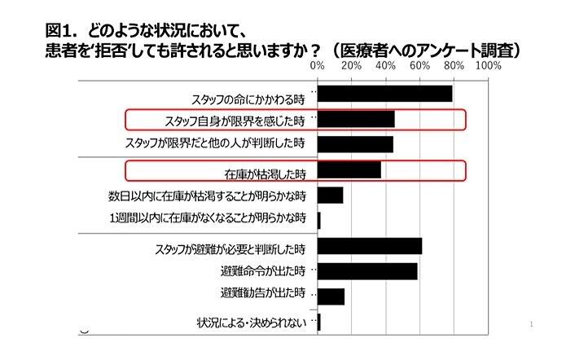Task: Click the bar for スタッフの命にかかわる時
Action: [x=384, y=94]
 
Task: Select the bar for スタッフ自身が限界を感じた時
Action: [x=356, y=120]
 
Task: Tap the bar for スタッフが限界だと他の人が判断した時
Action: [x=355, y=144]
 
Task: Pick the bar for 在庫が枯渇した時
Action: [x=349, y=170]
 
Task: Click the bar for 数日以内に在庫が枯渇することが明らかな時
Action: [x=330, y=195]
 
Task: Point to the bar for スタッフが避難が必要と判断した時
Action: [x=369, y=246]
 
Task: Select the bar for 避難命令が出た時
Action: [x=367, y=270]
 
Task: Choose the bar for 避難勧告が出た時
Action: [x=331, y=295]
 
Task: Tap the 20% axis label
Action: [x=351, y=64]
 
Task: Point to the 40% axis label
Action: [x=385, y=64]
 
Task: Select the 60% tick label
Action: [x=419, y=64]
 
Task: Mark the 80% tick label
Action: [x=454, y=64]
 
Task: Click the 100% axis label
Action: [x=488, y=64]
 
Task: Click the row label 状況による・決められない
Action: [x=250, y=322]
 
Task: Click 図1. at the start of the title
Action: [x=61, y=32]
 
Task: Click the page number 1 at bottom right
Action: [x=530, y=324]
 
